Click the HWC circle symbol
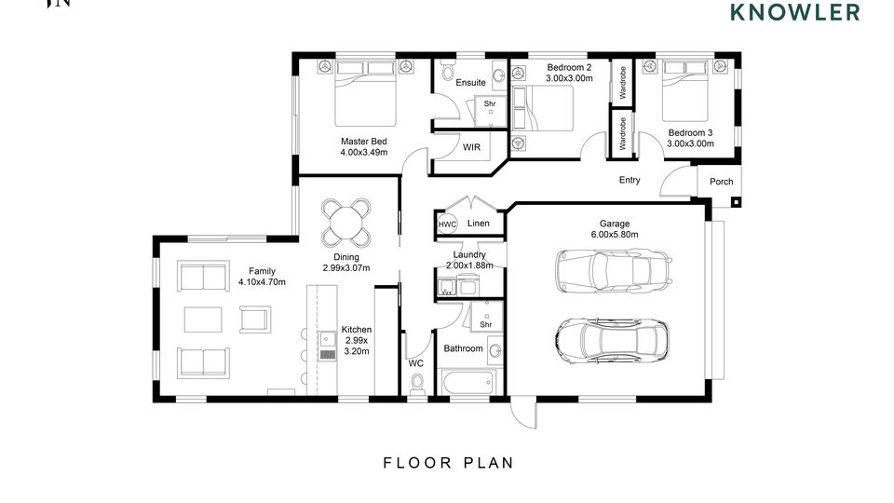[448, 224]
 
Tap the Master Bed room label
[364, 142]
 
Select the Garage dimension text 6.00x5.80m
[615, 235]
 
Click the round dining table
[346, 223]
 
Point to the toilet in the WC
[418, 383]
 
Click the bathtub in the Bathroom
[467, 382]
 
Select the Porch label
[721, 182]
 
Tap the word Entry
[630, 180]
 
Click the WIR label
[471, 147]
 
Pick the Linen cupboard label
[479, 223]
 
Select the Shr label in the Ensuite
[490, 103]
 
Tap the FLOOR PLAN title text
[449, 463]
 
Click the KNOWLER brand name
[795, 12]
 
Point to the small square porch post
[736, 202]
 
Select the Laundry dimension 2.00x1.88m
[469, 265]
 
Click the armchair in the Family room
[255, 319]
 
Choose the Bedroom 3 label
[690, 133]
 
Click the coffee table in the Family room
[203, 319]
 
